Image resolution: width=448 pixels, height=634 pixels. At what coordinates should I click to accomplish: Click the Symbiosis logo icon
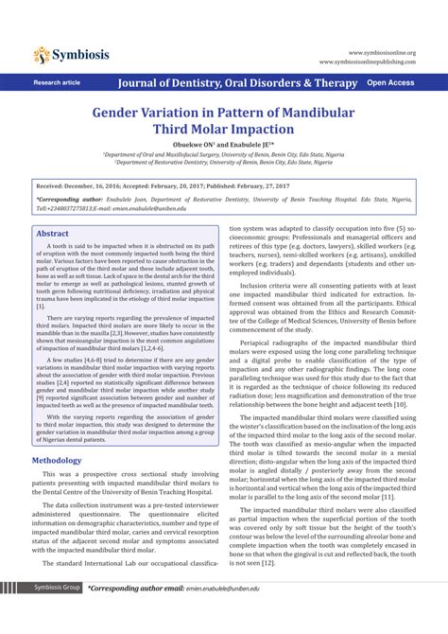click(43, 55)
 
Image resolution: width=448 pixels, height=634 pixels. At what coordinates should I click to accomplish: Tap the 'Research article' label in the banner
click(58, 83)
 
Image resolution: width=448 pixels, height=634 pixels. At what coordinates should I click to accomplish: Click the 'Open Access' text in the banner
click(389, 83)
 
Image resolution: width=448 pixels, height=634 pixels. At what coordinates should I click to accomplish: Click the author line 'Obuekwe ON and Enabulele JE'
click(224, 148)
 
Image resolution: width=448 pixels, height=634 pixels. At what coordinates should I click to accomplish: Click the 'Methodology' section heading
click(63, 460)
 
